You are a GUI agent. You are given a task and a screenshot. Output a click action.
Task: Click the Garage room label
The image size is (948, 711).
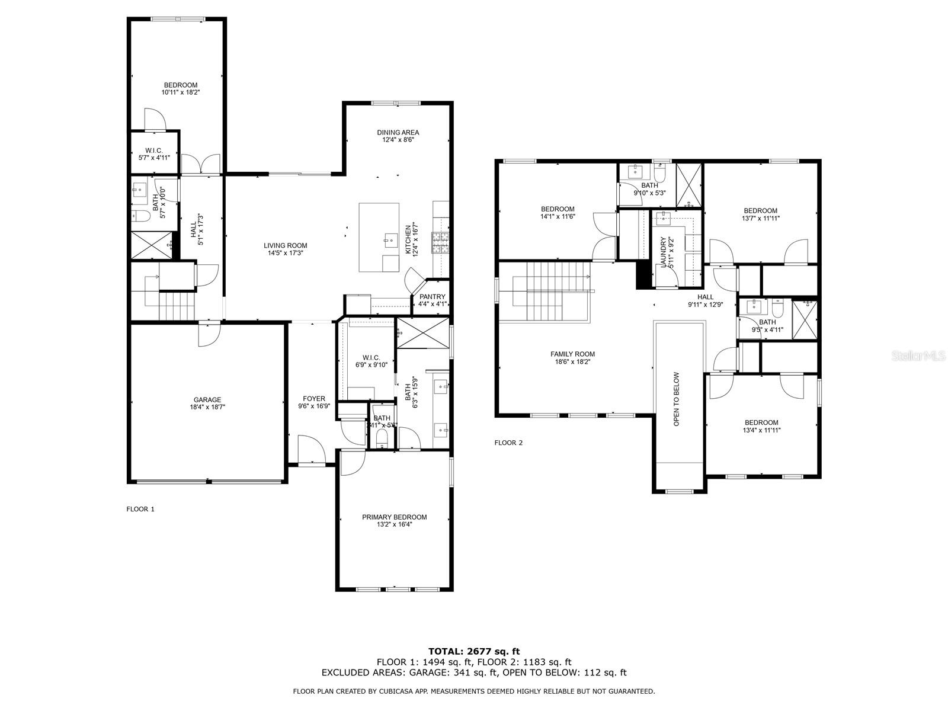coord(207,400)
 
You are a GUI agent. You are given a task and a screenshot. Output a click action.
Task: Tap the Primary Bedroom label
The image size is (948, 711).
coord(394,517)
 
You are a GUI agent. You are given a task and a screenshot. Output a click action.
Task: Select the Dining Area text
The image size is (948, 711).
coord(398,133)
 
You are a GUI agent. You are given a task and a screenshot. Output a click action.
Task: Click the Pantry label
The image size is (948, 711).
coord(432,297)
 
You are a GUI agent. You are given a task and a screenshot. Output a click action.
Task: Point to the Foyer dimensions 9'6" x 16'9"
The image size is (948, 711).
coord(313,406)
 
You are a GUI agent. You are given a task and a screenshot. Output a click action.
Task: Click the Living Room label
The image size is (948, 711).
coord(285,245)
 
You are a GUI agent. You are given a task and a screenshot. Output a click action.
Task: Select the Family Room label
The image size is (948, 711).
coord(572,354)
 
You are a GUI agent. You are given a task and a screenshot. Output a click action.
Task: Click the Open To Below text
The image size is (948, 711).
coord(676,399)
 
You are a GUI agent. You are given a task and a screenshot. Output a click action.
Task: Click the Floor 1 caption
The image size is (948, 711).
coord(140,509)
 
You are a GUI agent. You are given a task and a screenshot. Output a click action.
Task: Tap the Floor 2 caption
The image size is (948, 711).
coord(508,443)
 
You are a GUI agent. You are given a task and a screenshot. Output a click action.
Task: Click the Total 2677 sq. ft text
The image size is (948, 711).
coord(473,652)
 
